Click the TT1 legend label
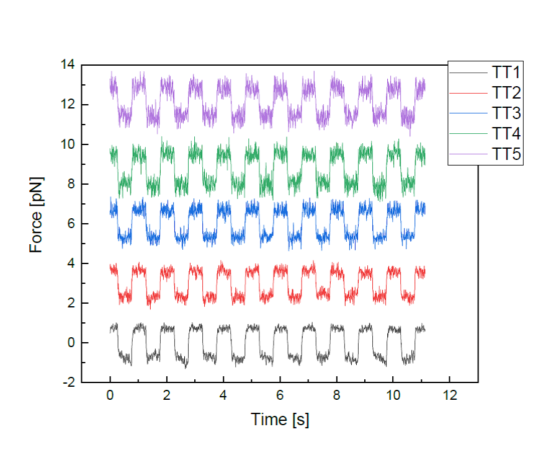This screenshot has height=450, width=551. tap(506, 73)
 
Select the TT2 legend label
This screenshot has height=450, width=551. tap(506, 94)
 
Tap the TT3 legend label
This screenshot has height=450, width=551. tap(506, 113)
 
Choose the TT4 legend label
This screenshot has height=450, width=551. tap(506, 134)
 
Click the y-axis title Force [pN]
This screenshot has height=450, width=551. tap(37, 224)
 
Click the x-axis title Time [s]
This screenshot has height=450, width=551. tap(280, 420)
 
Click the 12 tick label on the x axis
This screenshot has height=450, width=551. tap(450, 395)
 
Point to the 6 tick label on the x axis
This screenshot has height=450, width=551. tap(280, 395)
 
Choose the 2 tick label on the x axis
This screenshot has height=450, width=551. tap(167, 395)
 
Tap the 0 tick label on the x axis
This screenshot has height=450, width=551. tap(110, 395)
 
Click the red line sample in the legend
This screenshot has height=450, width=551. tap(469, 94)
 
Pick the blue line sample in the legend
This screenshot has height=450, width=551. tap(469, 113)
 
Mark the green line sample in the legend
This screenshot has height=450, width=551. tap(469, 134)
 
